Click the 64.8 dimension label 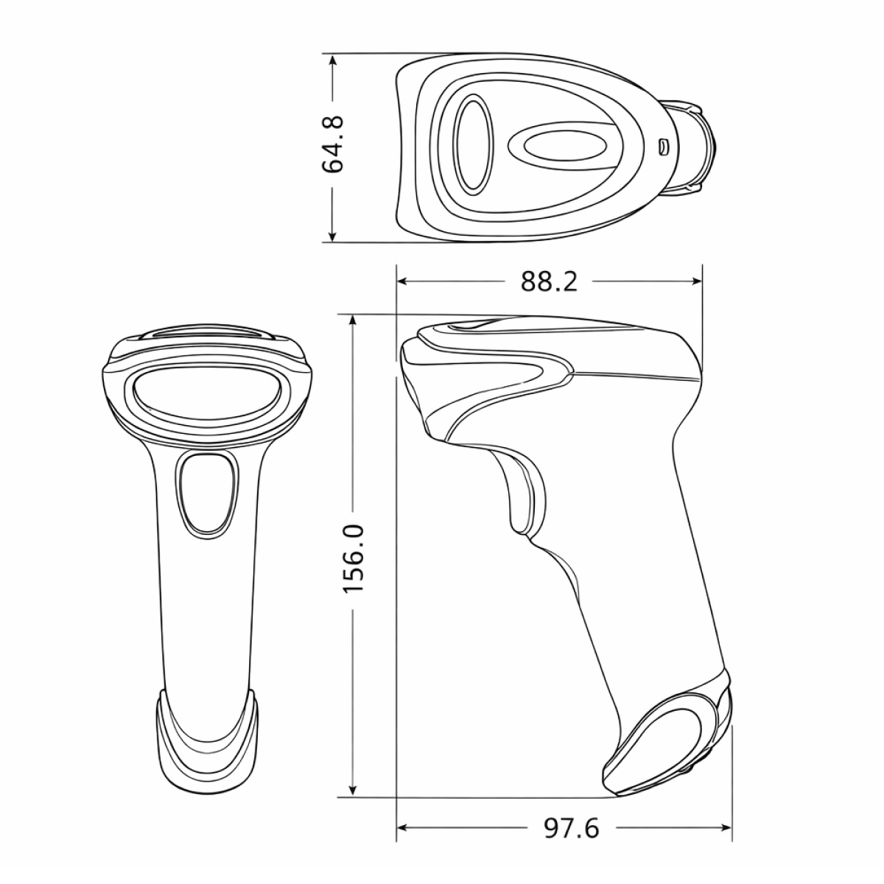333,144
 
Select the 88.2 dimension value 549,281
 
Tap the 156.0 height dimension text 354,558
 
